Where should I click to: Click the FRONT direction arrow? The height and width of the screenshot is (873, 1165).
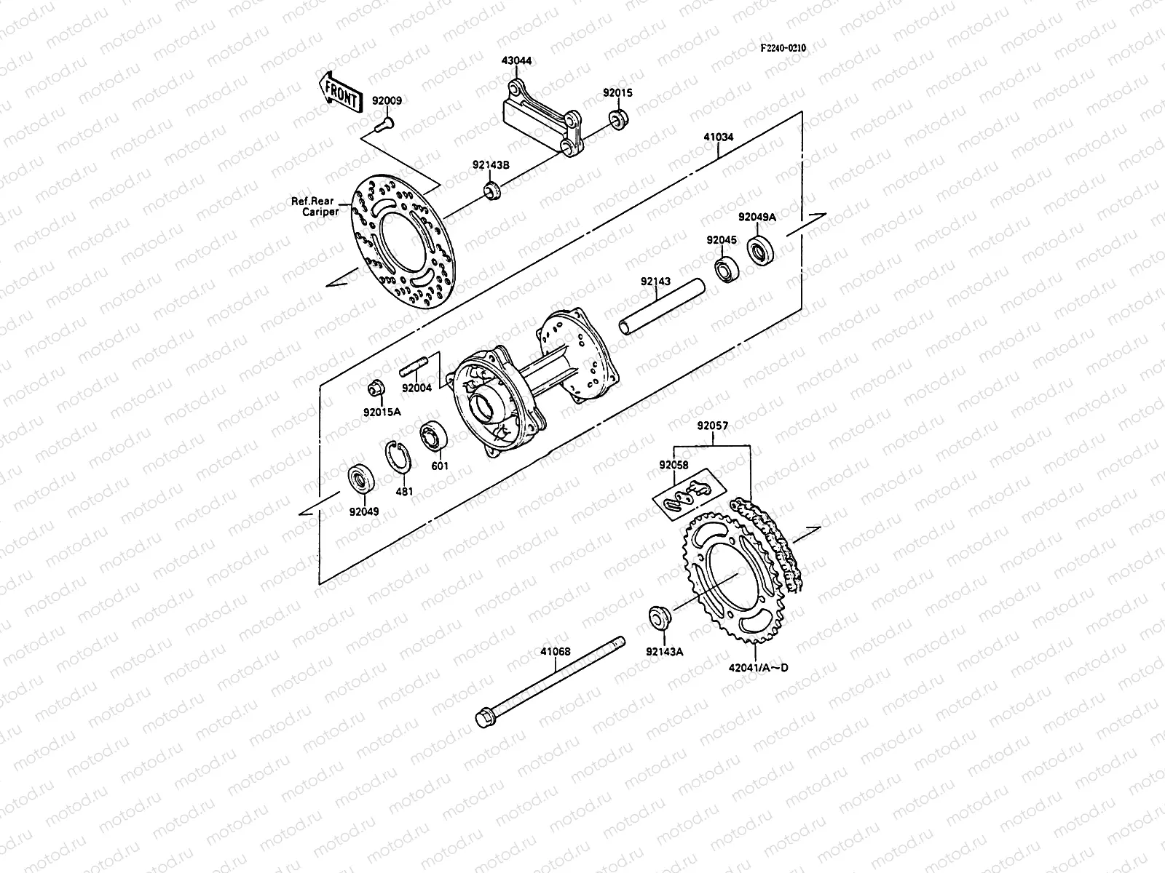click(339, 91)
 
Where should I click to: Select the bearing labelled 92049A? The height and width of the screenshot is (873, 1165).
click(762, 251)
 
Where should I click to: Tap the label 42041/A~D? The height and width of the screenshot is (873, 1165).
click(757, 667)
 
